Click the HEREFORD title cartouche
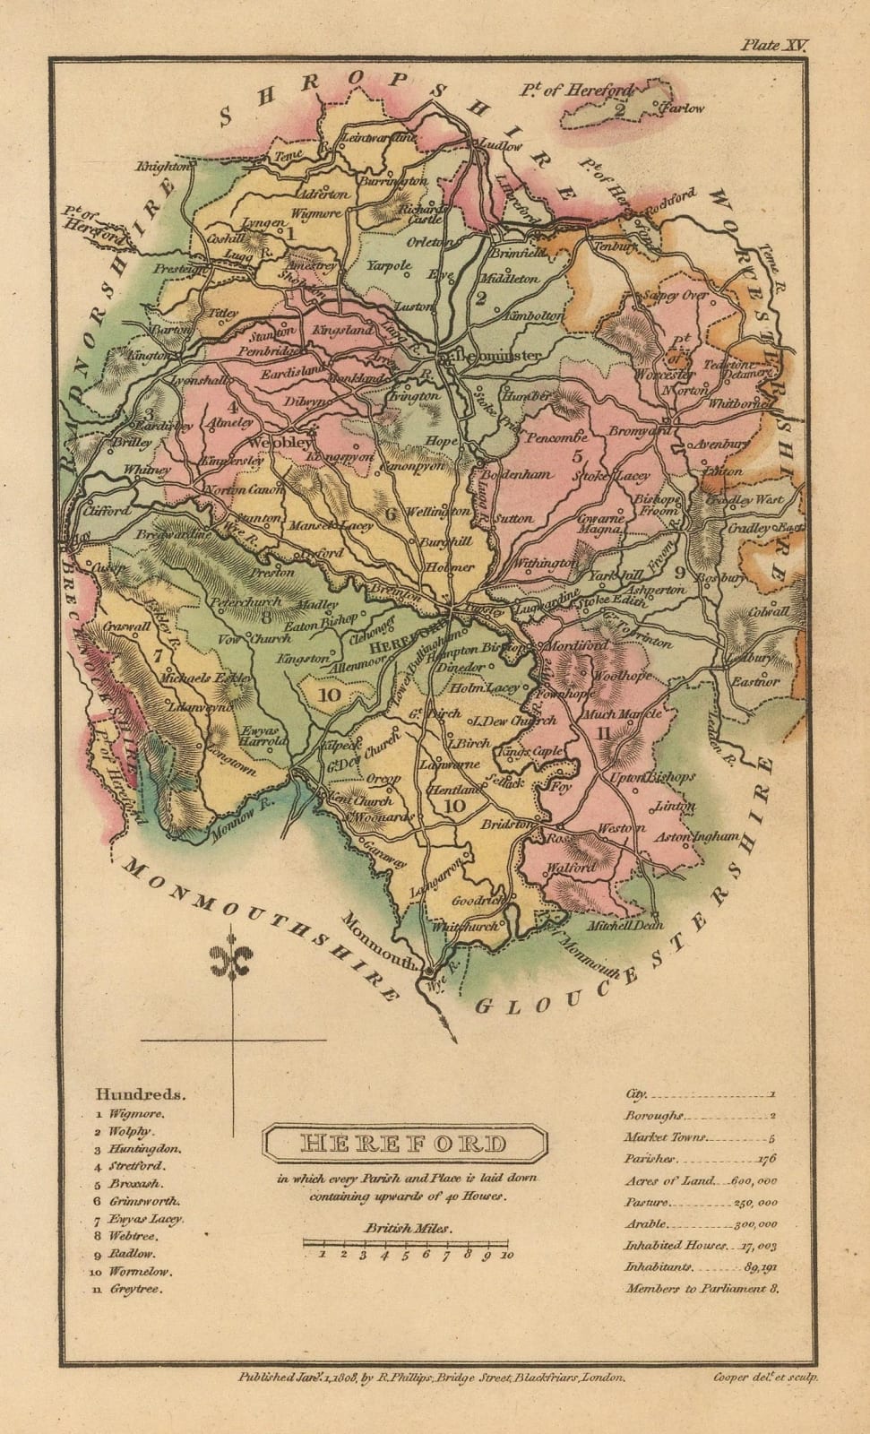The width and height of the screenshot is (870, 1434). pos(403,1144)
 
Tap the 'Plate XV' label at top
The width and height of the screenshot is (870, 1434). pos(773,45)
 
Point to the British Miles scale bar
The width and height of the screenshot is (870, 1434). pos(406,1243)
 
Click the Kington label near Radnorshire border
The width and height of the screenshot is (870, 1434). pos(149,356)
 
